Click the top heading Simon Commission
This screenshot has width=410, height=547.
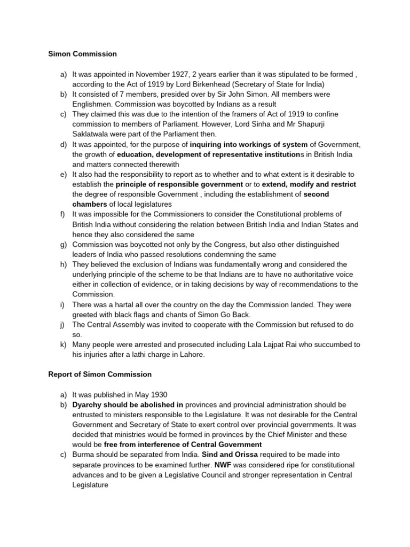click(82, 54)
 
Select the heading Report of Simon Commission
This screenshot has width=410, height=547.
click(100, 374)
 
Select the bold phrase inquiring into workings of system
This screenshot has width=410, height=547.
click(249, 144)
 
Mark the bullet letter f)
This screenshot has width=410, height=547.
click(63, 214)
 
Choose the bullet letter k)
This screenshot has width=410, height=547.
click(63, 345)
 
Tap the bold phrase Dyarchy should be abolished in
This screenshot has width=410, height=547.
click(128, 405)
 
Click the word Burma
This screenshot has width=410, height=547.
click(84, 455)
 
